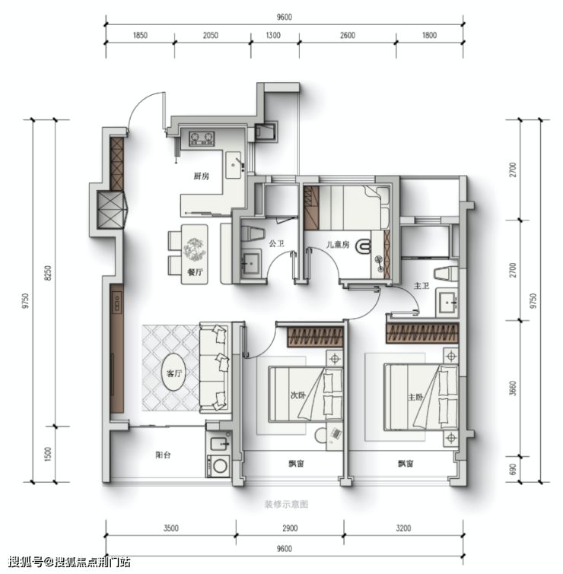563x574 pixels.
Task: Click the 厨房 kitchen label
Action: [201, 176]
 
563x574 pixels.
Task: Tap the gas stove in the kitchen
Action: [202, 138]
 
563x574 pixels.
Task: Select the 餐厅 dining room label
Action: [195, 272]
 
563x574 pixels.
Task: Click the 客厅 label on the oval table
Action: [173, 373]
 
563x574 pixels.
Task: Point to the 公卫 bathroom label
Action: [276, 243]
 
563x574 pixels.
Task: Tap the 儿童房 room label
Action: [337, 244]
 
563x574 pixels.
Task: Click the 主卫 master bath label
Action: [421, 286]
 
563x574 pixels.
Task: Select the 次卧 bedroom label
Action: [297, 395]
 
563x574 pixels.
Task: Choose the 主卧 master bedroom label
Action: [415, 397]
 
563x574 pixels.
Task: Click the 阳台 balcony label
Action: [163, 455]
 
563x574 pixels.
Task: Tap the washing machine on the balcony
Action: [219, 465]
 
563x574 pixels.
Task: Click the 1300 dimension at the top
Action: [273, 35]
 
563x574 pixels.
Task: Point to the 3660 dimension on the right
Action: [513, 388]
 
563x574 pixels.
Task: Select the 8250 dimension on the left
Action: [48, 273]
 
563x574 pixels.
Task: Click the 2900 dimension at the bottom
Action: [290, 528]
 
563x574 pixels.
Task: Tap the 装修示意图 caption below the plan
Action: [286, 505]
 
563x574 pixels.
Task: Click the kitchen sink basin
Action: [234, 165]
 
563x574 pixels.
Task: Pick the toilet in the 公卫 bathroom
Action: [253, 233]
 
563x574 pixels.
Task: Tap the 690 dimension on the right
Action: [513, 469]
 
